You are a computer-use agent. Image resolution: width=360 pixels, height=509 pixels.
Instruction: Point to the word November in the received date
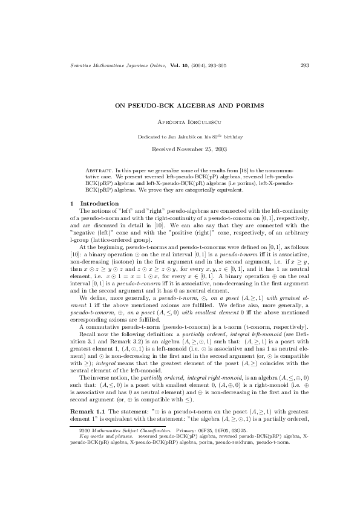tap(191, 148)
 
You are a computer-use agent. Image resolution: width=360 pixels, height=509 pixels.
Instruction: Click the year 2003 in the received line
tap(217, 148)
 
